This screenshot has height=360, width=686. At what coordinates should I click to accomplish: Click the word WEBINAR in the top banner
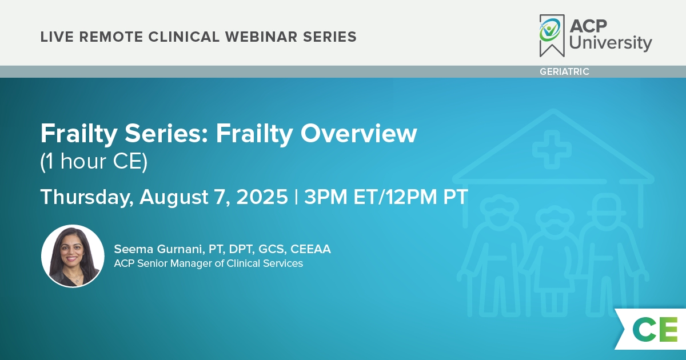[x=261, y=37]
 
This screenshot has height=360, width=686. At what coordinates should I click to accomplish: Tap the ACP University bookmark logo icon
[x=552, y=35]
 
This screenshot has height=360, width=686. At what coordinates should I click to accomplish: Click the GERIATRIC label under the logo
[x=564, y=71]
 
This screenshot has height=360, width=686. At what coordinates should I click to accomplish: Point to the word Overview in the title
[x=358, y=134]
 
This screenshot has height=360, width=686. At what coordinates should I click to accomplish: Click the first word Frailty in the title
[x=79, y=134]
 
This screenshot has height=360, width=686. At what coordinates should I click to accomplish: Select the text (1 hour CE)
[x=94, y=161]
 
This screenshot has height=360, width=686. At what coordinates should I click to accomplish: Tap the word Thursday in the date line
[x=87, y=197]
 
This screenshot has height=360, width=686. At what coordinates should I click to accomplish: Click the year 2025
[x=262, y=197]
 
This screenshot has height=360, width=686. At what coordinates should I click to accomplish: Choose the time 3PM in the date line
[x=325, y=197]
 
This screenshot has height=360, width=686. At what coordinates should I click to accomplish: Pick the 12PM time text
[x=411, y=197]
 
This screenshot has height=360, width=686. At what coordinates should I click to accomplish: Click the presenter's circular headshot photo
[x=73, y=256]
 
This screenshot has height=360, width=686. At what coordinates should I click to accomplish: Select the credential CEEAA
[x=310, y=249]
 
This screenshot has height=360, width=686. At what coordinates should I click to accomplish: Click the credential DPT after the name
[x=242, y=250]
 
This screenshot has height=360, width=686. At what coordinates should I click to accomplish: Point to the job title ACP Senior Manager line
[x=208, y=263]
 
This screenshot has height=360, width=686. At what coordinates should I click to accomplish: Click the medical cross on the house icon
[x=552, y=149]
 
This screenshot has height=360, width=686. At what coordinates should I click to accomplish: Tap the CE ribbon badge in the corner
[x=651, y=329]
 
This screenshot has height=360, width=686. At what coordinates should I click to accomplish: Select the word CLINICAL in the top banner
[x=184, y=37]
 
